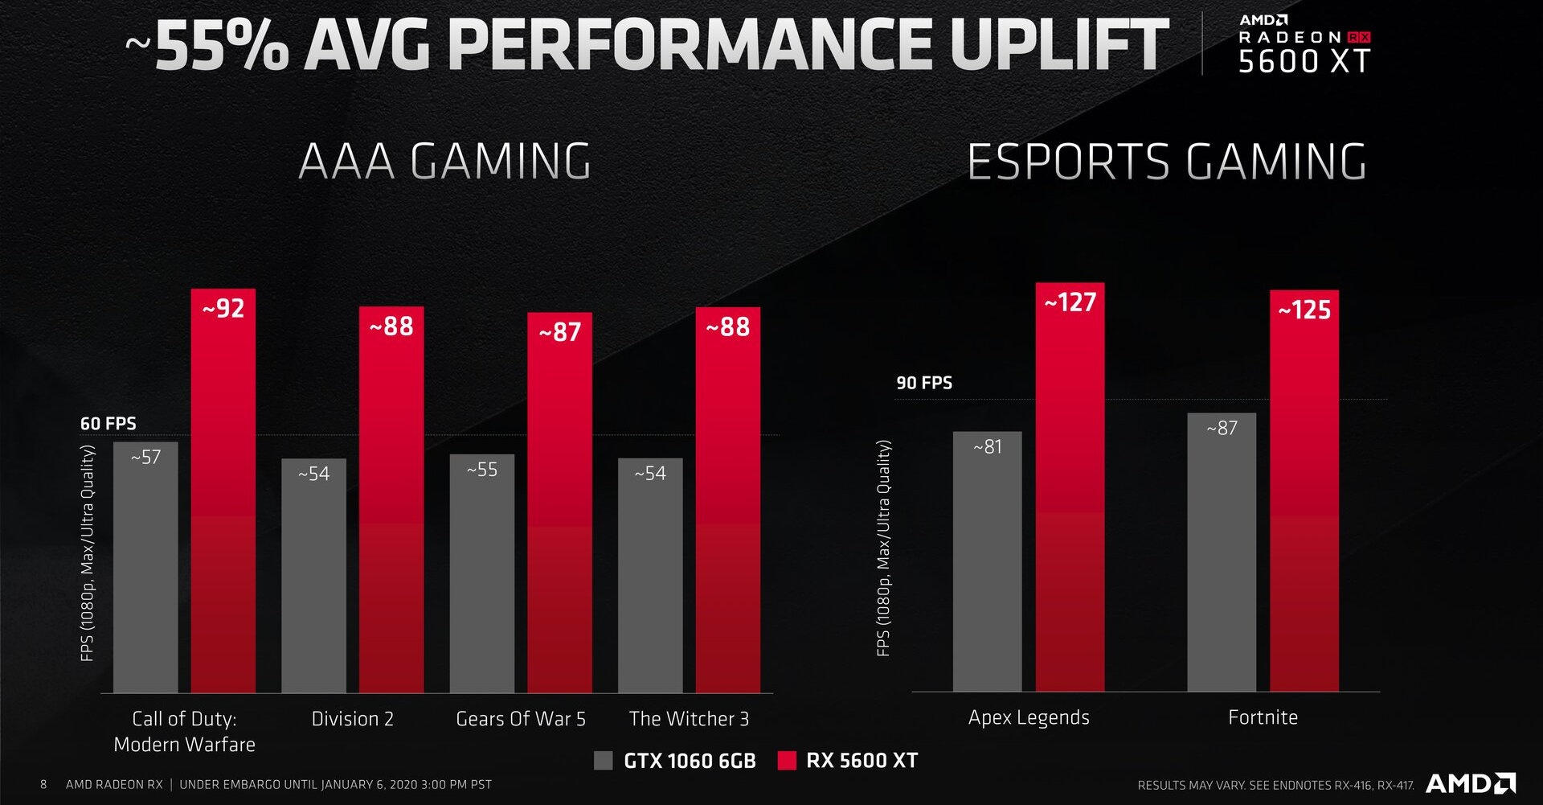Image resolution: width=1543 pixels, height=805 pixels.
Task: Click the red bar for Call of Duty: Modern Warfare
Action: pos(223,499)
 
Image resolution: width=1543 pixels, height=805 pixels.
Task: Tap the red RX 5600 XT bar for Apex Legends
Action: pos(1070,499)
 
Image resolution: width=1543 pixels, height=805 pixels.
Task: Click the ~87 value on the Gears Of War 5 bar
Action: pos(560,332)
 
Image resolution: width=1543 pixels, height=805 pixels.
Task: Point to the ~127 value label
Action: pos(1070,302)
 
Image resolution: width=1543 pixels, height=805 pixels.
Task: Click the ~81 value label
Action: pos(987,446)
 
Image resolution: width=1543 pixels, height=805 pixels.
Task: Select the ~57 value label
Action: pos(145,458)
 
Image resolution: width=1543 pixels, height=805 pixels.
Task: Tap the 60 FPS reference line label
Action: pos(108,424)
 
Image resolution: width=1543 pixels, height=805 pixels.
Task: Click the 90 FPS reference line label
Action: pos(924,383)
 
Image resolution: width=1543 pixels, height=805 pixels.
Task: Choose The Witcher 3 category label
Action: pos(689,718)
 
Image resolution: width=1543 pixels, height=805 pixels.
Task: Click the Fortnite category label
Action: pos(1263,717)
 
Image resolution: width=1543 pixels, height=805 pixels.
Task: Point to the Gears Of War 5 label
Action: pos(521,718)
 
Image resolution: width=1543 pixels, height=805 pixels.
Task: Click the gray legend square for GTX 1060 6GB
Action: pos(603,760)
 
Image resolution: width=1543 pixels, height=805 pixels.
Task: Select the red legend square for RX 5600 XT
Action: pos(787,760)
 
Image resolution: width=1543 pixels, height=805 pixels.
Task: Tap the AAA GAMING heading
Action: pos(444,161)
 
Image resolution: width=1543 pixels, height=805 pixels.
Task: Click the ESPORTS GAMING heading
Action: pos(1166,161)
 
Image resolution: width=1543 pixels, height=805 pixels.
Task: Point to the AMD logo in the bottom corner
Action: pos(1470,782)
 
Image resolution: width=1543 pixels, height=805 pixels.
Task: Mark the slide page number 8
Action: pos(43,784)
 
